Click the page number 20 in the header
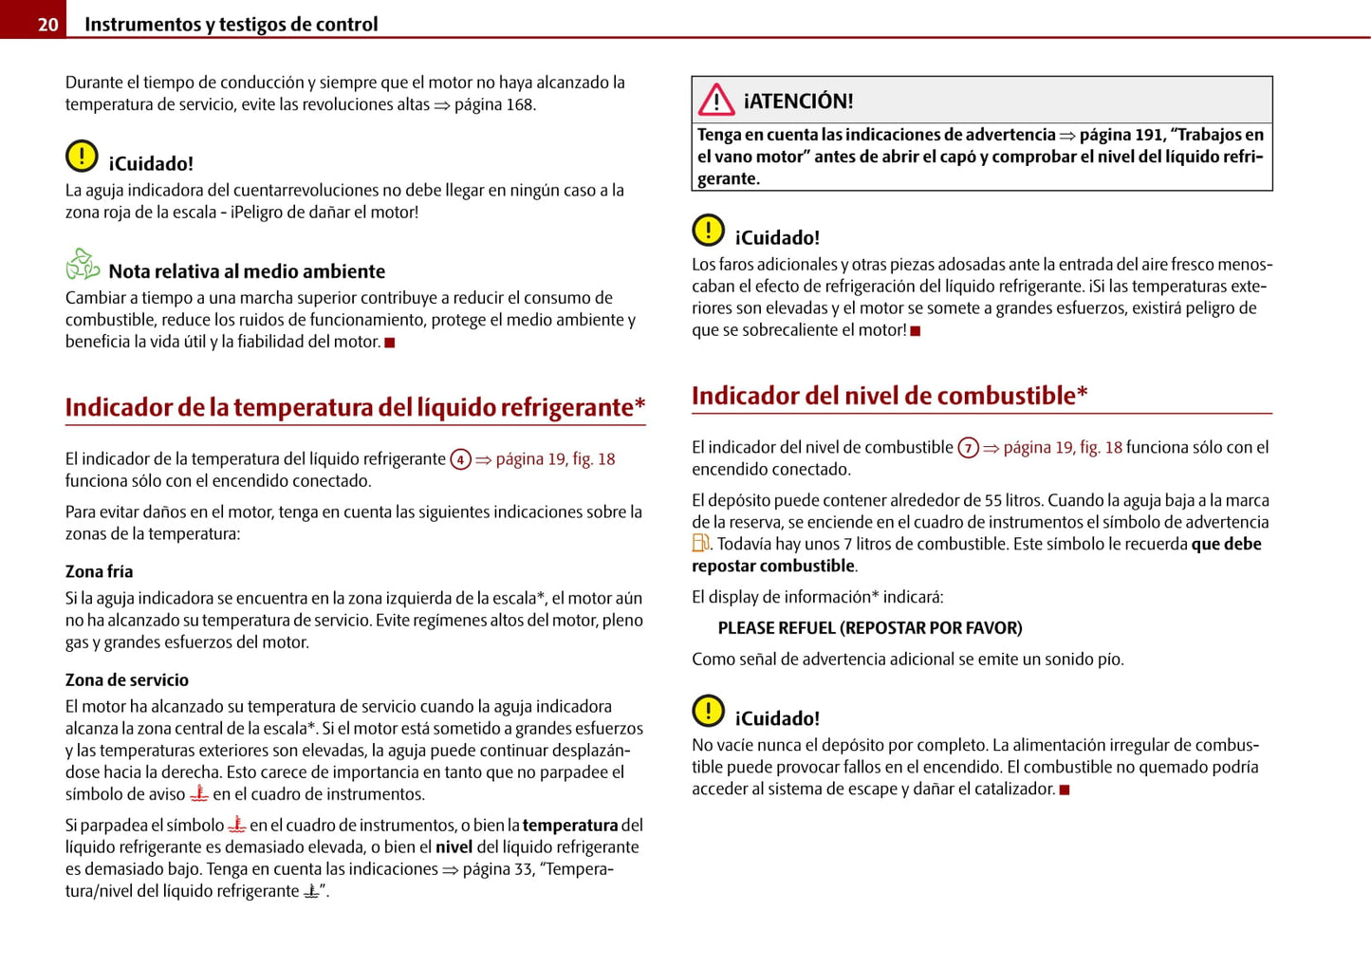[47, 25]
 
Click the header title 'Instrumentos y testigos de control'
[231, 25]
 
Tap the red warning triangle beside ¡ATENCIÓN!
[716, 100]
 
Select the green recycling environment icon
[83, 264]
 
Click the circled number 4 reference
[460, 460]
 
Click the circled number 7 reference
[968, 448]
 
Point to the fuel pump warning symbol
[700, 544]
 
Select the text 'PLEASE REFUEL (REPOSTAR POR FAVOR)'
[869, 628]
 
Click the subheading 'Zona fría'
[99, 571]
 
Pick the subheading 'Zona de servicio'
[126, 679]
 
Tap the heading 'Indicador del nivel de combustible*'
[889, 396]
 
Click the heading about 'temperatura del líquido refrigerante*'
[355, 407]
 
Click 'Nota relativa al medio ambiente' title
[247, 271]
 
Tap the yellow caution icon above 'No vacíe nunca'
[708, 711]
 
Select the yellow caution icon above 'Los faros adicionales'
[708, 230]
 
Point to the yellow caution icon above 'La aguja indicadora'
[82, 156]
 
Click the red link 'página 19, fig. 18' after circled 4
[555, 459]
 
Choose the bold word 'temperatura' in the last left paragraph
[569, 826]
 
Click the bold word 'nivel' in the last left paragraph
[454, 847]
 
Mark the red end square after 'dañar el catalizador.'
[1065, 790]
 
